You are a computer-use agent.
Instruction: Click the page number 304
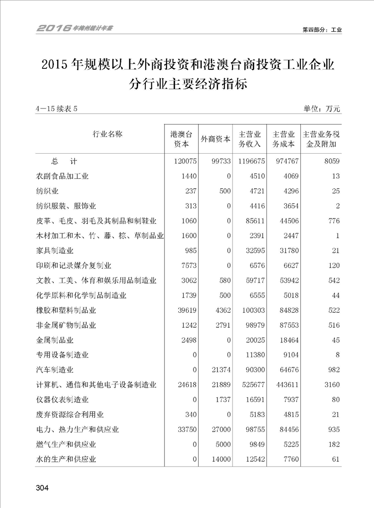[42, 488]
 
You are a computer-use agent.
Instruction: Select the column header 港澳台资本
[181, 139]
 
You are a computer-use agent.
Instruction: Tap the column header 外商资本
[216, 139]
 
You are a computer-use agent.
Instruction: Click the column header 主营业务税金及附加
[322, 139]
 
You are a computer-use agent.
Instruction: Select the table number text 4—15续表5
[56, 109]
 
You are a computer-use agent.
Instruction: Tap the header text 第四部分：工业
[322, 29]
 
